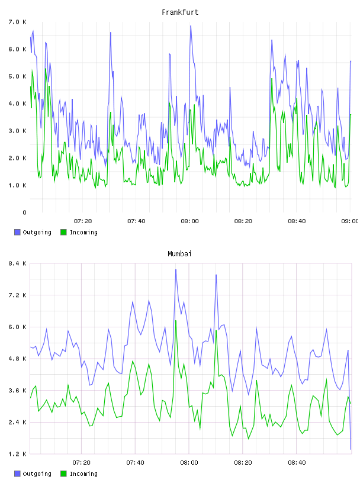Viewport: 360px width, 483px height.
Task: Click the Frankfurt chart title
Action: [x=180, y=12]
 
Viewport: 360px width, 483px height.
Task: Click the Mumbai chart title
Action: [x=179, y=254]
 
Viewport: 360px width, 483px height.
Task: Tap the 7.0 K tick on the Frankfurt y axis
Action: [x=17, y=22]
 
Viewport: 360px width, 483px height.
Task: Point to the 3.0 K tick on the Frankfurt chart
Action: [x=17, y=131]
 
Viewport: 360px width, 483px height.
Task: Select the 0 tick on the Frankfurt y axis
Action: [x=24, y=212]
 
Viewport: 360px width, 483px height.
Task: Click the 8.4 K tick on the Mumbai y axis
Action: [x=17, y=263]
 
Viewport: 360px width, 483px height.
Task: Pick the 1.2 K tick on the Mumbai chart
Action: [x=17, y=454]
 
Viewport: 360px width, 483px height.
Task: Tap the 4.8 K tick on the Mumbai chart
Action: [x=17, y=359]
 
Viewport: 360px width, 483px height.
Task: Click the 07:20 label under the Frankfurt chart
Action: [x=83, y=221]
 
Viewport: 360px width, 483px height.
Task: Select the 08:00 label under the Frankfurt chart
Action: [x=190, y=221]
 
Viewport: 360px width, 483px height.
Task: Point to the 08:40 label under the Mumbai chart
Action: [x=297, y=463]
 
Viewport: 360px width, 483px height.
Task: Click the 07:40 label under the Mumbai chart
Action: [x=136, y=463]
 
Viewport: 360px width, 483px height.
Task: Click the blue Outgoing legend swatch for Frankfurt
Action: [x=17, y=232]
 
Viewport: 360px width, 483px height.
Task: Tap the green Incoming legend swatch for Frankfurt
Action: [x=63, y=232]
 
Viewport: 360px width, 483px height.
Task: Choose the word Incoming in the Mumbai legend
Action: [x=83, y=474]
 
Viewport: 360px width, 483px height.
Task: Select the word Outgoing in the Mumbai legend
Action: [x=37, y=474]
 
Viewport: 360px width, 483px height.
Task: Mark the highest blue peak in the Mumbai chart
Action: [x=176, y=270]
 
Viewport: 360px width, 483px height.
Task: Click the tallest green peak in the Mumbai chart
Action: [x=176, y=321]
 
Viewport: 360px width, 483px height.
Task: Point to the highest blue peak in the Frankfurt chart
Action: [x=191, y=26]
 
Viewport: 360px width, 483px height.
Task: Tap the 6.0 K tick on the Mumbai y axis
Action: [x=17, y=327]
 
